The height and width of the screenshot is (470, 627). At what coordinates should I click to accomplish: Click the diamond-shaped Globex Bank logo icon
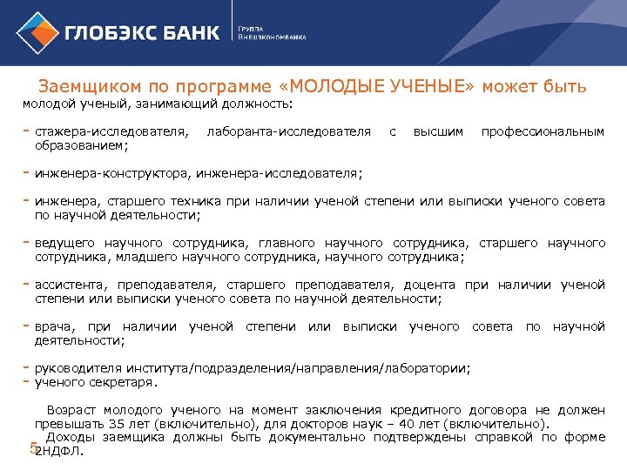coord(37,32)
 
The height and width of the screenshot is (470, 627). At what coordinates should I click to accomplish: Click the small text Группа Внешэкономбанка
coord(272,32)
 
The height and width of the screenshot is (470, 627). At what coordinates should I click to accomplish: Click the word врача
coord(53,326)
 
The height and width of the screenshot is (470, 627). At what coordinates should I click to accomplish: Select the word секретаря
coord(125,382)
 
